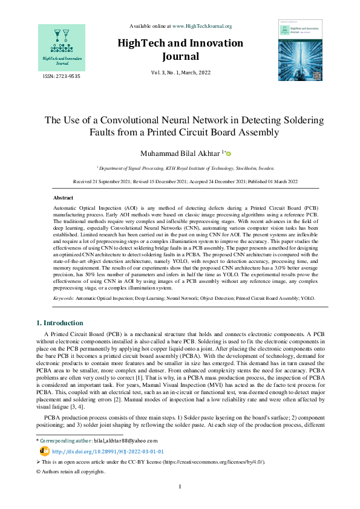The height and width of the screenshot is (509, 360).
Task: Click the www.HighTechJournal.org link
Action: pos(202,26)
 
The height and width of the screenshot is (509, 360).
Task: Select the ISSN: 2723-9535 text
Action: pos(61,77)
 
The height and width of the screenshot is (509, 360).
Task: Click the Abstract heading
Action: pos(64,198)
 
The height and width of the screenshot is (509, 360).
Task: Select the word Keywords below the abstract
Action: pos(64,299)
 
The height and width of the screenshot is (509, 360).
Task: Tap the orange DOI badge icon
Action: pos(44,451)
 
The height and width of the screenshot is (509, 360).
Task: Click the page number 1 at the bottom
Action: pos(180,487)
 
